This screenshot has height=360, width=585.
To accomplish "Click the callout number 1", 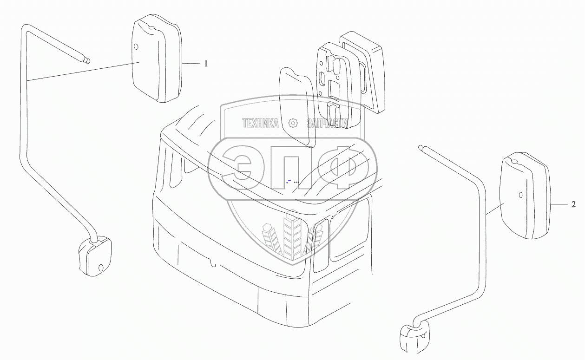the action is pos(206,64).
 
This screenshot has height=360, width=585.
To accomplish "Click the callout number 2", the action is pos(573,204).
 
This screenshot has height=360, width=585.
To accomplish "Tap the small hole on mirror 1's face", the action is pos(136,47).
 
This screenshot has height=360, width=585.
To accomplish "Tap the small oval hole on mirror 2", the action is pos(520,195).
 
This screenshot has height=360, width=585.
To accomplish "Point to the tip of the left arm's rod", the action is pos(88,59).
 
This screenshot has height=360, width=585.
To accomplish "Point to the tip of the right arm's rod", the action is pos(421,148).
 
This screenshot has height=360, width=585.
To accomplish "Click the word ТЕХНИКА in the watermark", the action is pos(260,123).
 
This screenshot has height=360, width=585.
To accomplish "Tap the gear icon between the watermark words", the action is pos(293,123).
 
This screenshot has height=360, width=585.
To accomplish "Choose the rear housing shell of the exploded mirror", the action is pos(367,70).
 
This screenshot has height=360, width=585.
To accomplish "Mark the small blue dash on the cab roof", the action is pos(289,179).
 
